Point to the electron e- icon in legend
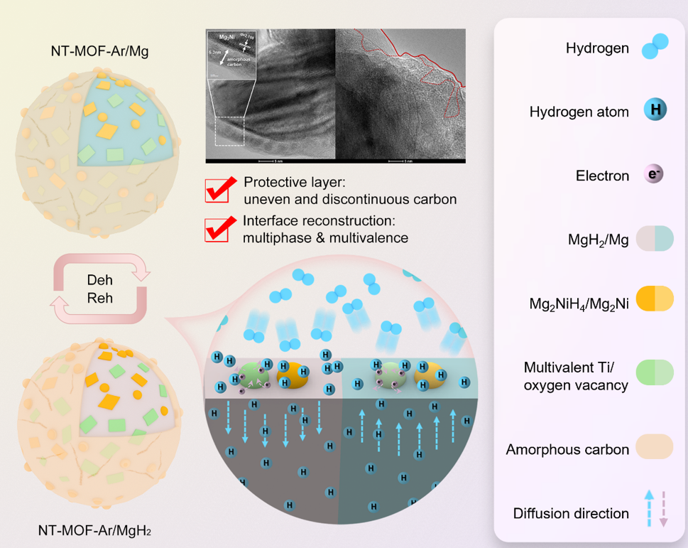click(x=653, y=175)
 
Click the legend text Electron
click(x=602, y=176)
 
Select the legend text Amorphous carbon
click(x=567, y=449)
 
